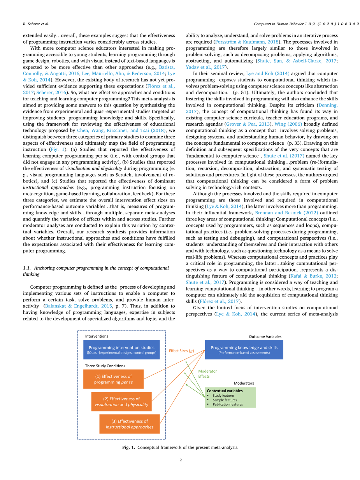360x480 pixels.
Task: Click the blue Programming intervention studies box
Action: click(x=121, y=350)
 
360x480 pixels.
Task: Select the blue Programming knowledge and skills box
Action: click(x=244, y=350)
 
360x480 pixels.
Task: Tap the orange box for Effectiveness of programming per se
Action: click(x=113, y=379)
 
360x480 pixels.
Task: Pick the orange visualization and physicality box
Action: click(x=121, y=401)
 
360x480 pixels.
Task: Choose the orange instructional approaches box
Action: click(x=130, y=424)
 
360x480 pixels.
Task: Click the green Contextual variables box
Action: click(x=230, y=397)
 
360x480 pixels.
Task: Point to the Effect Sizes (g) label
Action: click(x=181, y=350)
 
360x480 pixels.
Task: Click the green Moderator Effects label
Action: click(x=207, y=374)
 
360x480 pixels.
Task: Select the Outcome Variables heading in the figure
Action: click(x=265, y=336)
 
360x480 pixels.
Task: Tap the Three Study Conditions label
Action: click(x=105, y=366)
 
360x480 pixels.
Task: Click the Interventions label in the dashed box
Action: click(x=97, y=336)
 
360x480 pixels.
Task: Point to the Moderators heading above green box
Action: click(x=244, y=383)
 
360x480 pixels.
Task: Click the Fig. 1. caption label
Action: click(x=128, y=447)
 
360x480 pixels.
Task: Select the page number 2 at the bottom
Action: click(x=181, y=460)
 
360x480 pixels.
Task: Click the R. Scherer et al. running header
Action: click(x=33, y=24)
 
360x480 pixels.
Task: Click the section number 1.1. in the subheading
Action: click(x=28, y=268)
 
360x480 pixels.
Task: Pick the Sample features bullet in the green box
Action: click(x=225, y=400)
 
